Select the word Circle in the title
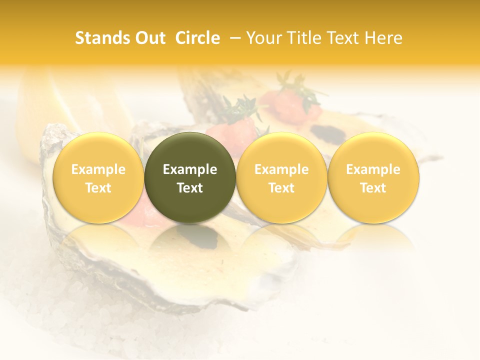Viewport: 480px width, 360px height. click(197, 38)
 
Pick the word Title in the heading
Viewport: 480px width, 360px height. click(302, 38)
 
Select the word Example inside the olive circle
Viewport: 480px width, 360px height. click(190, 169)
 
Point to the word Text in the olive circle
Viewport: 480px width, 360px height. click(190, 188)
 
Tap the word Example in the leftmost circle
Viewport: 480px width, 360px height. click(98, 169)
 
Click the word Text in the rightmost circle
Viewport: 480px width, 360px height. click(373, 188)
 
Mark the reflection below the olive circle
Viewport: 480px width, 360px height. click(190, 240)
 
